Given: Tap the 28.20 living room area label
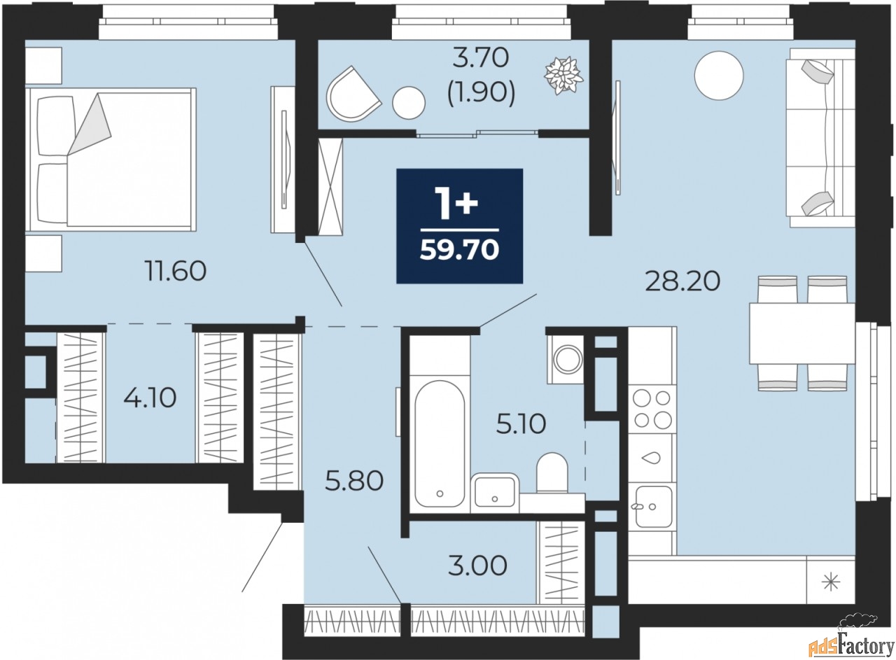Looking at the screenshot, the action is coord(682,281).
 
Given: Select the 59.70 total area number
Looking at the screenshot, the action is coord(460,251).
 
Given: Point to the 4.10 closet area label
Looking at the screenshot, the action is coord(150,398).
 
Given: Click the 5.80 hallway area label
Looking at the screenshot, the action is coord(354,481).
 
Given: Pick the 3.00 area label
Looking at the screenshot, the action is coord(477,566).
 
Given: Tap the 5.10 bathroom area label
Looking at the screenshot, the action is coord(521,424).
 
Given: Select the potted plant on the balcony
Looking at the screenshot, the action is coord(564,76).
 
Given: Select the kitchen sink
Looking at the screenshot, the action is coord(653,506).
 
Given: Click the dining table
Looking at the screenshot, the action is coord(802,334).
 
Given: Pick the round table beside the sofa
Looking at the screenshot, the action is coord(719,76).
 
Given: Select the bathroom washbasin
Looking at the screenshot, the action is coord(495,493).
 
